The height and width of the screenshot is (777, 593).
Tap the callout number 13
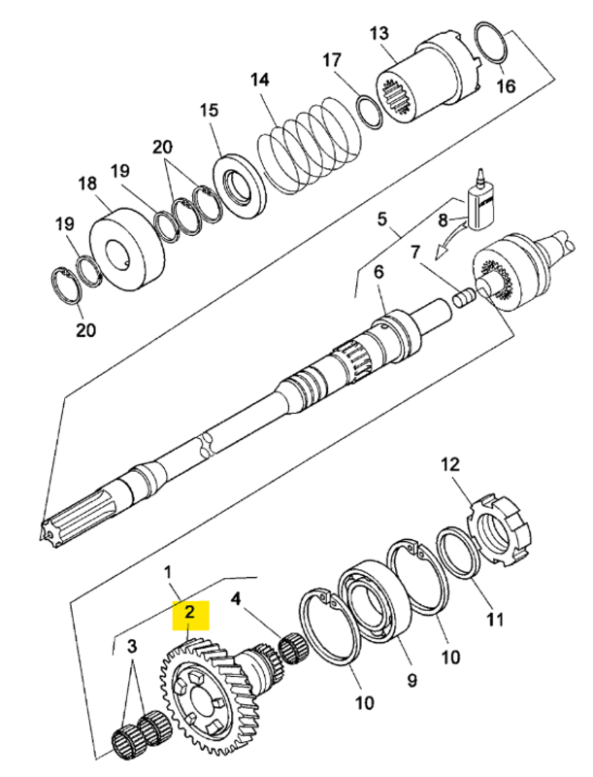pyautogui.click(x=379, y=36)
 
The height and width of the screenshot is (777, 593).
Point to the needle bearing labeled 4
pyautogui.click(x=293, y=646)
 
